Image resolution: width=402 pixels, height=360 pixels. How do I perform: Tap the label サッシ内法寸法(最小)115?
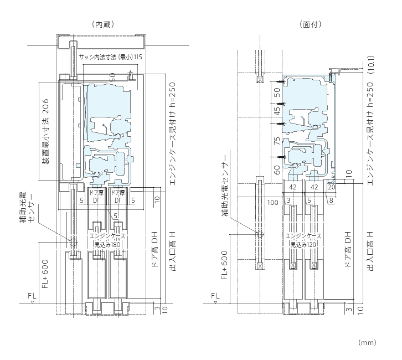pyautogui.click(x=110, y=58)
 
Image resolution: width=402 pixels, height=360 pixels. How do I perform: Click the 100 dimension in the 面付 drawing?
pyautogui.click(x=272, y=203)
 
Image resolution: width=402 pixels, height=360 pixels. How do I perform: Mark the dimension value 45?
pyautogui.click(x=277, y=112)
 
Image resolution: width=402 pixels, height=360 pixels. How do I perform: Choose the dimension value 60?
pyautogui.click(x=277, y=169)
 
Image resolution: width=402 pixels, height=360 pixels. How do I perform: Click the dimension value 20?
pyautogui.click(x=332, y=188)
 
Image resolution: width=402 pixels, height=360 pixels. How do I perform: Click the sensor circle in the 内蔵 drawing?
pyautogui.click(x=73, y=241)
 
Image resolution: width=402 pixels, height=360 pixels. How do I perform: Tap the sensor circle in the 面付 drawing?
pyautogui.click(x=259, y=235)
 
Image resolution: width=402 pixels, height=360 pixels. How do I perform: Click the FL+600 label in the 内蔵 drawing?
pyautogui.click(x=45, y=272)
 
